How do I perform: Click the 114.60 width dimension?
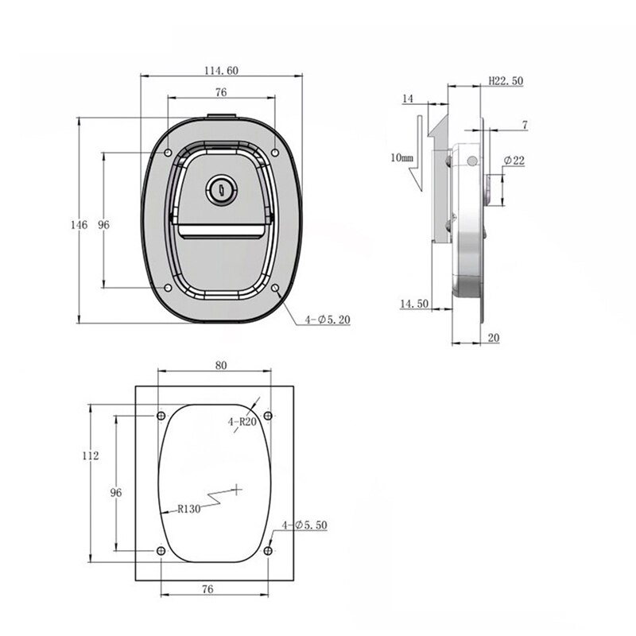click(221, 71)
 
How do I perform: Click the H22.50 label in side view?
click(505, 81)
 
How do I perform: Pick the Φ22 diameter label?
click(514, 161)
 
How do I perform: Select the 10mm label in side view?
click(402, 157)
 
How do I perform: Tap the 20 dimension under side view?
click(493, 338)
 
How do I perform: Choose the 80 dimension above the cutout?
click(221, 366)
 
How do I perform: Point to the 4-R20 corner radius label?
click(241, 423)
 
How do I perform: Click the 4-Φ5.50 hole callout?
click(304, 525)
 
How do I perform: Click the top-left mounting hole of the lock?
click(168, 152)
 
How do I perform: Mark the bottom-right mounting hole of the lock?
click(275, 288)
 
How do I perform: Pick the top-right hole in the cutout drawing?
click(267, 416)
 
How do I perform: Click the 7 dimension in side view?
click(525, 125)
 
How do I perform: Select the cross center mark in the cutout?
click(237, 486)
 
